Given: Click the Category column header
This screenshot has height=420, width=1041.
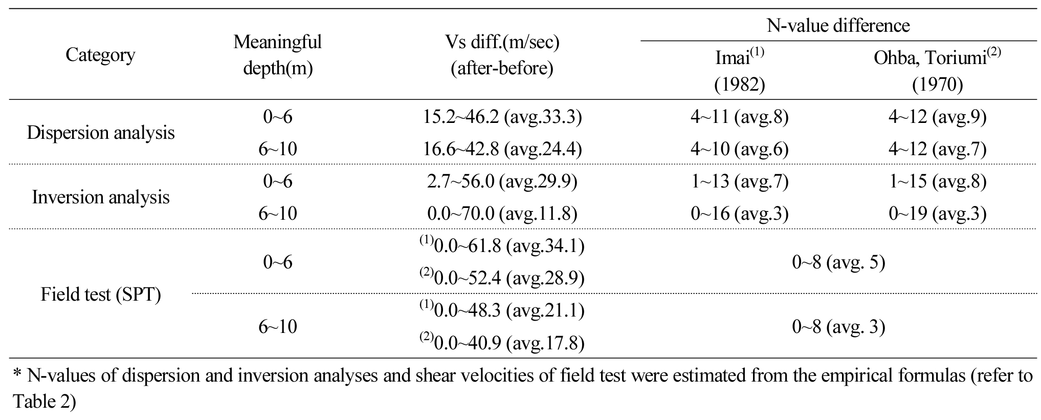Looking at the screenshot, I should [x=100, y=55].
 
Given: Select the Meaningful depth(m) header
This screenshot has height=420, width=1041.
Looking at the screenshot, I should [x=277, y=55].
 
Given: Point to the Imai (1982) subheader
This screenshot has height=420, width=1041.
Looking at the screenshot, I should [x=739, y=71].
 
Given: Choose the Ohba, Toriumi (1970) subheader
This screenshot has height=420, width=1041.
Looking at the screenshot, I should [x=937, y=71].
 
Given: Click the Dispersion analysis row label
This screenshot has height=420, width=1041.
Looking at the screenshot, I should [x=101, y=133].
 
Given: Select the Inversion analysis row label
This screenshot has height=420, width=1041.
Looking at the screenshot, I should [x=101, y=197].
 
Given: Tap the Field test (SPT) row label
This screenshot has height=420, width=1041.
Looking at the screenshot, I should [x=101, y=295].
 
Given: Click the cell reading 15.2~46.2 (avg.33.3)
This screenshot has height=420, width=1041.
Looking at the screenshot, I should [x=502, y=117].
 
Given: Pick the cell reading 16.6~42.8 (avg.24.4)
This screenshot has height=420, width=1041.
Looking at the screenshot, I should [x=502, y=149].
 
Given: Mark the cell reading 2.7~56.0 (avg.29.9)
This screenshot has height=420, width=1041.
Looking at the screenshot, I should [x=502, y=181].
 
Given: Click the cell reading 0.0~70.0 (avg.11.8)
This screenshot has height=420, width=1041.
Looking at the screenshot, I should [x=502, y=214].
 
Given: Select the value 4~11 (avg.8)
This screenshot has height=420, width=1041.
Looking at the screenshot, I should [x=739, y=117].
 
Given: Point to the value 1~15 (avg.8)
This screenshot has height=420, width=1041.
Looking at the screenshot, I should [x=937, y=181].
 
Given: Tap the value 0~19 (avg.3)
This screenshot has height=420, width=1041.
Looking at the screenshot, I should [x=937, y=214].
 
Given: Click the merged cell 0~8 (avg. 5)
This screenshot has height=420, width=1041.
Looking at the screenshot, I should [x=838, y=262].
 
